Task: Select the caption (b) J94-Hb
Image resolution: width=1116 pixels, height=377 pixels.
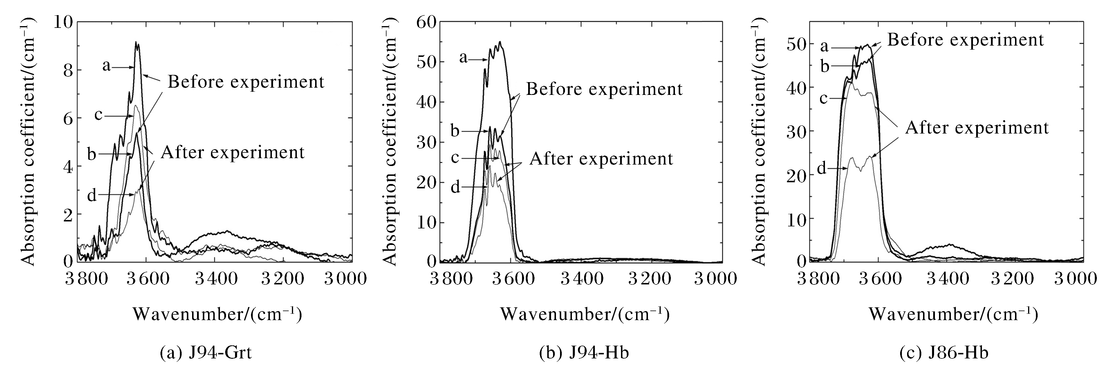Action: [584, 353]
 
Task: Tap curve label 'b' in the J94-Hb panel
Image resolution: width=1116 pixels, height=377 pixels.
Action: [454, 130]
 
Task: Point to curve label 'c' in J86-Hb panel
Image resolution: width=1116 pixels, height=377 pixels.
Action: [824, 98]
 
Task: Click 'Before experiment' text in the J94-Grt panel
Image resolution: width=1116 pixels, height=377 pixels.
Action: [246, 82]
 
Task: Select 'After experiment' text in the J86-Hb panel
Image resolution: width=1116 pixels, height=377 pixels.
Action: [977, 128]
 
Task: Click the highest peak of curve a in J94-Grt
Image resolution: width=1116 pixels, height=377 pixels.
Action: [136, 42]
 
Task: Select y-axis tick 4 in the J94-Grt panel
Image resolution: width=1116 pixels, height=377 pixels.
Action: [68, 167]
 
